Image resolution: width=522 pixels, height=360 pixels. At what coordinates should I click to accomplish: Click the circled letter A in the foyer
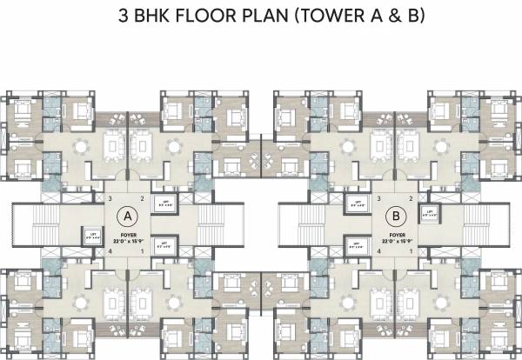(129, 214)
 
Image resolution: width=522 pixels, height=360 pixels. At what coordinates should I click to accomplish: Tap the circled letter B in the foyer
(396, 214)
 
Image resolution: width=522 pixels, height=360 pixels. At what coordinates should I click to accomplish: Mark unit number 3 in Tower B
(378, 198)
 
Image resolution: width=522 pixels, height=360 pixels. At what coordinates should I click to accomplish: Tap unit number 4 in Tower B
(378, 250)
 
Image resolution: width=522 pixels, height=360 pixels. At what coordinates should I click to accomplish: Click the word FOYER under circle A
(129, 234)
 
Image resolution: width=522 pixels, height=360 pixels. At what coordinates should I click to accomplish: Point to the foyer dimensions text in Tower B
(396, 241)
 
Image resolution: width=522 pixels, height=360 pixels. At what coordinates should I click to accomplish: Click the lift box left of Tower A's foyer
(91, 234)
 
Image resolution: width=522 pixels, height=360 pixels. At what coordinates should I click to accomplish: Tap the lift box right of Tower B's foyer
(427, 212)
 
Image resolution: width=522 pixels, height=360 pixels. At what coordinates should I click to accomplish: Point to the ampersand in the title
(400, 17)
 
